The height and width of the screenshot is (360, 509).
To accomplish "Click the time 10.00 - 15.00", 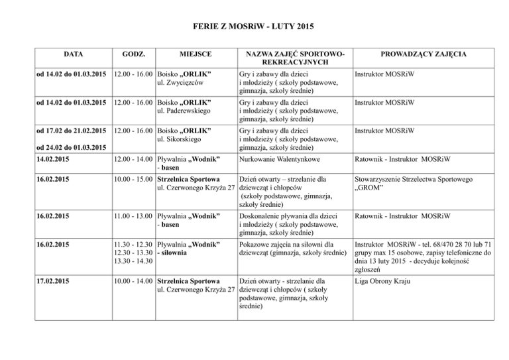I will (134, 178).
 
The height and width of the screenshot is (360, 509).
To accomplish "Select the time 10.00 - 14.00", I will (134, 281).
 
